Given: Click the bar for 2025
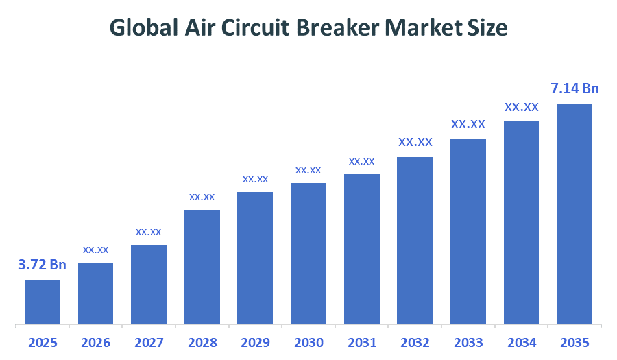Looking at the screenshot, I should (43, 302).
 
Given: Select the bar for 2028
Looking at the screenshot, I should (202, 267).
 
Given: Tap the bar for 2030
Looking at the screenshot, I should (308, 253).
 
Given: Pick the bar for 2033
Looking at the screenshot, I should (468, 231).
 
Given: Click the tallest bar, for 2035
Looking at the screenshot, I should (574, 214).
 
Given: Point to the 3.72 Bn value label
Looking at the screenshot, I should (43, 265).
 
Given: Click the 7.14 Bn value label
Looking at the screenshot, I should (574, 88).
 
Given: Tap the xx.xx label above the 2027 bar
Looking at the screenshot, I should (149, 232).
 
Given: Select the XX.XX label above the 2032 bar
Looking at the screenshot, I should (415, 143).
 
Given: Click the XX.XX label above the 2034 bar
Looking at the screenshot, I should (522, 107).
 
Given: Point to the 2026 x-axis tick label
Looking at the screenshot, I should (96, 342).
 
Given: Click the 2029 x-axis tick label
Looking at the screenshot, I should (255, 342).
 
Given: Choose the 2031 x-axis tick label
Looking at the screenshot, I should (362, 342).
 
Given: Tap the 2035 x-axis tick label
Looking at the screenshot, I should (574, 342).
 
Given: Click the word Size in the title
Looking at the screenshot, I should (489, 27).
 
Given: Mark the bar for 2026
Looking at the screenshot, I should (96, 293).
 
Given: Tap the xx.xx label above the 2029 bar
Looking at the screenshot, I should (255, 179).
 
